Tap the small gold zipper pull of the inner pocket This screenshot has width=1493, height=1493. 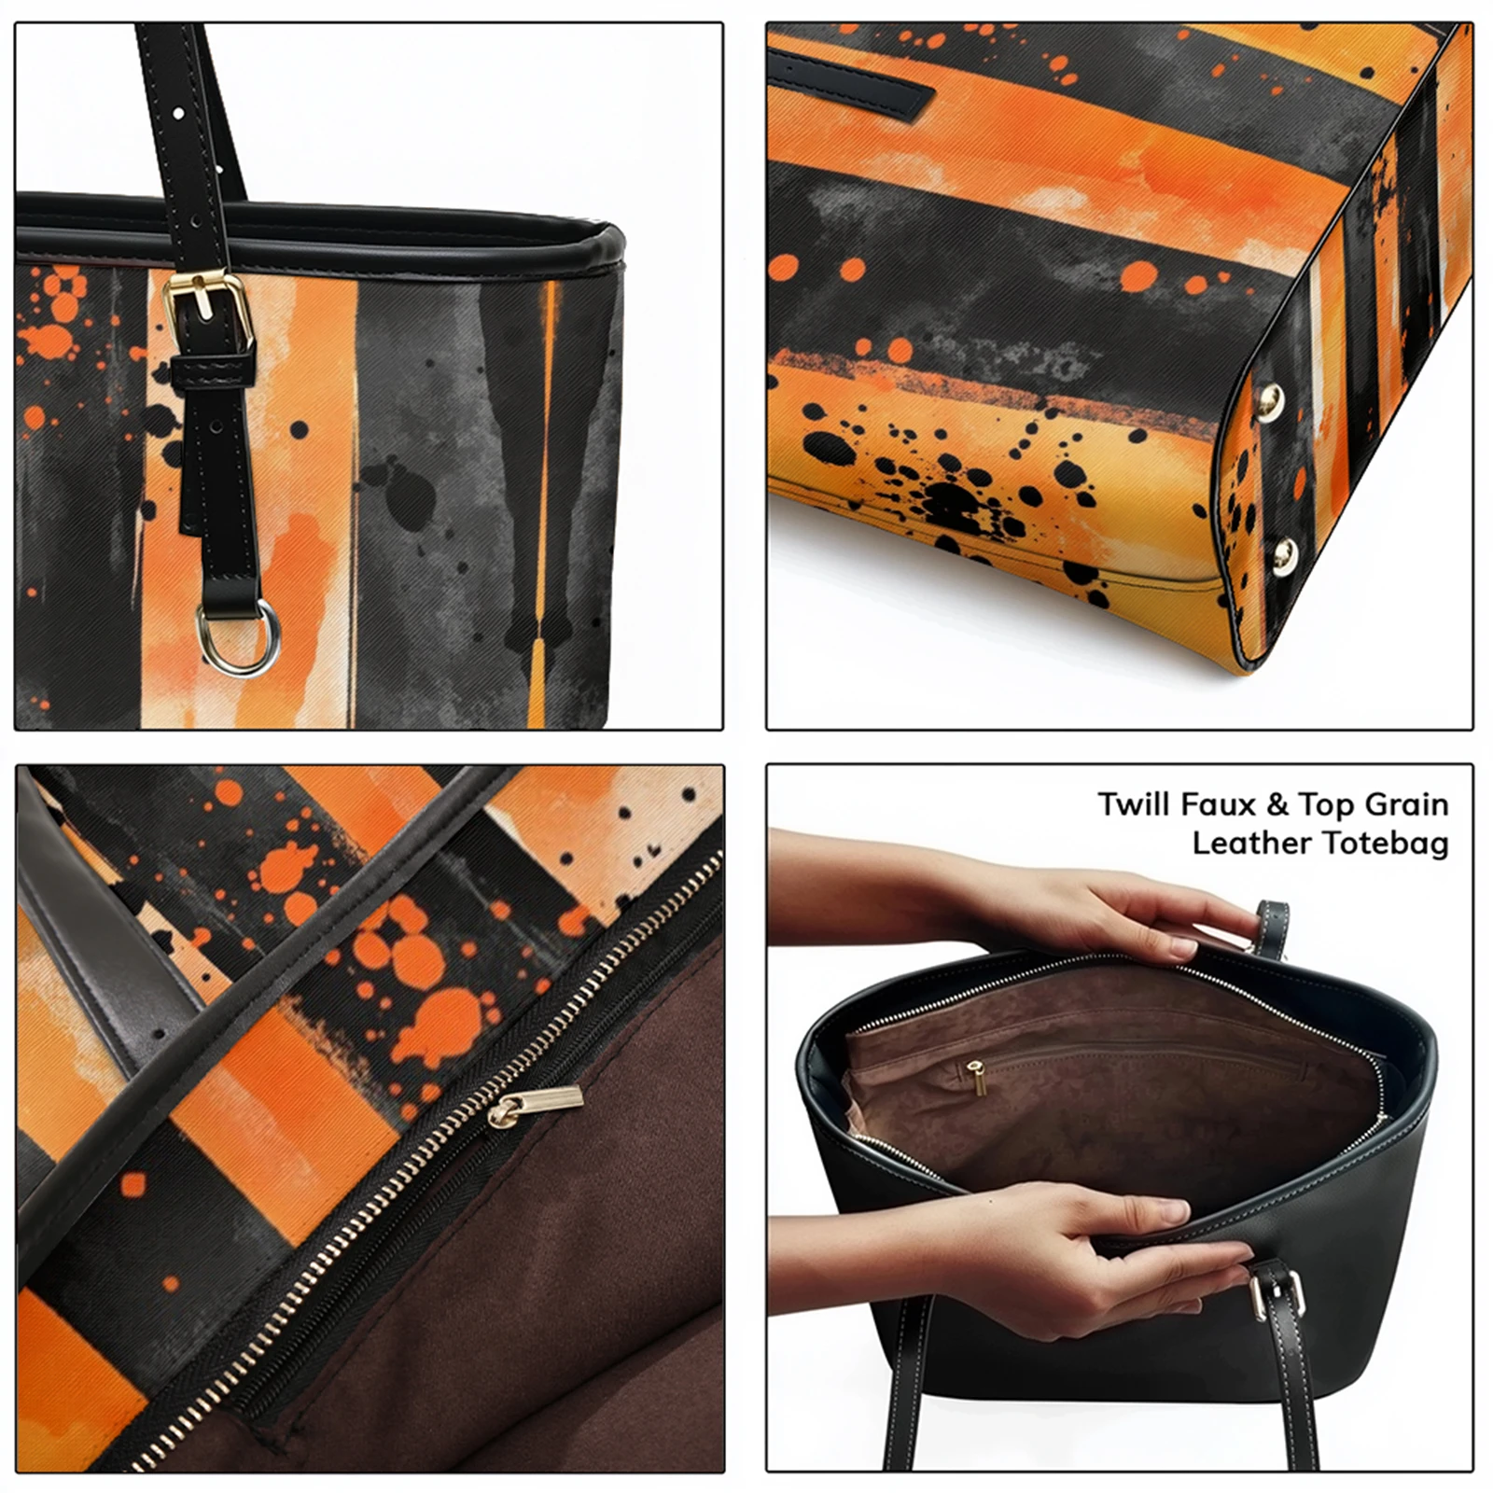click(x=977, y=1077)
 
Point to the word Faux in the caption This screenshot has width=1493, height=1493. click(x=1212, y=804)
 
